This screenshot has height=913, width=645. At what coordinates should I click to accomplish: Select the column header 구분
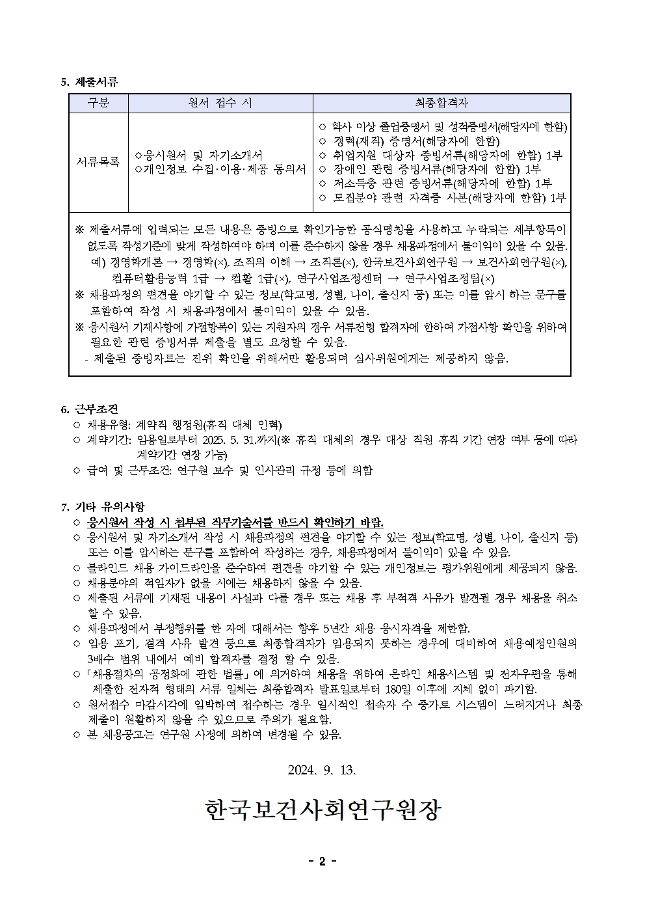[98, 103]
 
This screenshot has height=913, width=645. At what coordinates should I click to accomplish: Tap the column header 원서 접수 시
[220, 103]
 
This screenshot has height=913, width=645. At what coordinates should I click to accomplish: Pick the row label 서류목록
[98, 161]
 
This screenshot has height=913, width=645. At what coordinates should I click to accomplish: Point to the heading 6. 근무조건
[89, 409]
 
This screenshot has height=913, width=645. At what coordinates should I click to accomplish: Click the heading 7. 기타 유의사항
[102, 506]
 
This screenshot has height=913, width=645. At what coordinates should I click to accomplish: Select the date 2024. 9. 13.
[322, 770]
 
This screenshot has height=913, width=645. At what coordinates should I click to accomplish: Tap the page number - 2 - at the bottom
[322, 862]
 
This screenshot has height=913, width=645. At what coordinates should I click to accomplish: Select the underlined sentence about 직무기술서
[235, 523]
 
